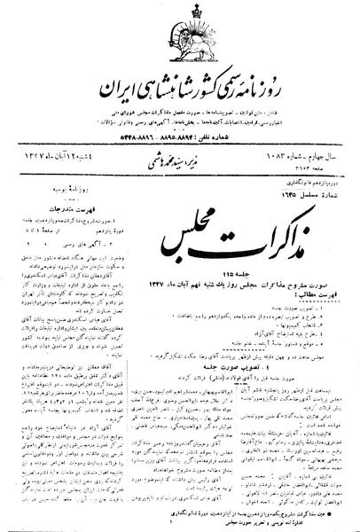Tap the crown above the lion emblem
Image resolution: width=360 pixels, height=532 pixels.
click(x=180, y=10)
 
